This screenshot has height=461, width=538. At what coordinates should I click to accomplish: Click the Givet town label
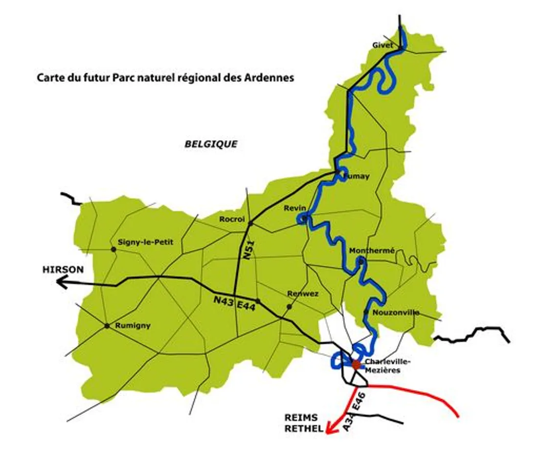(x=382, y=45)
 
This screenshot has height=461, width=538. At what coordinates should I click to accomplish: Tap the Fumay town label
(x=356, y=176)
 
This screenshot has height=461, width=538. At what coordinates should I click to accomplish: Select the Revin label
(x=294, y=208)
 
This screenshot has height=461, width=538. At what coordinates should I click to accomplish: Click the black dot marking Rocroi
(x=250, y=223)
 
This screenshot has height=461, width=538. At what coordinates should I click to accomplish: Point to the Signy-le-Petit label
(x=145, y=242)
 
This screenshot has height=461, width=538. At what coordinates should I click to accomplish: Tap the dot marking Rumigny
(x=107, y=326)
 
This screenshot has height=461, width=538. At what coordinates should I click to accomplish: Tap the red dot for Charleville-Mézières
(x=356, y=364)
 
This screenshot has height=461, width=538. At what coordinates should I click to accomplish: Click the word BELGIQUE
(x=211, y=144)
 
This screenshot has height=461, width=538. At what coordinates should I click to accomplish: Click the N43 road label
(x=224, y=299)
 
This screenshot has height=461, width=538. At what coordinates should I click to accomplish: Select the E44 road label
(x=247, y=304)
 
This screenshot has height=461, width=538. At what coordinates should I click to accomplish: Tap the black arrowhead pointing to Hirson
(x=62, y=282)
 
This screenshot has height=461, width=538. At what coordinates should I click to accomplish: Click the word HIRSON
(x=63, y=269)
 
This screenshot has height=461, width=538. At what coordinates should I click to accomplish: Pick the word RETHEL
(x=304, y=429)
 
